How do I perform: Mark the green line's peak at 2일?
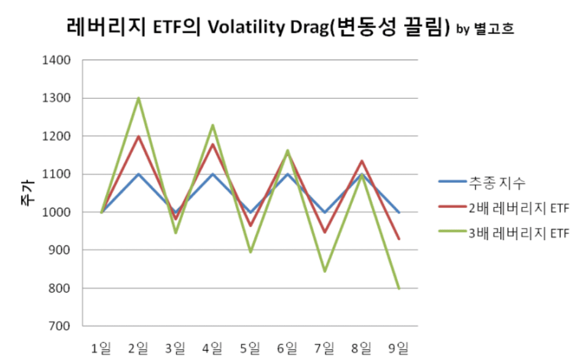(x=138, y=98)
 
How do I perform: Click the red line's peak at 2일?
(x=138, y=137)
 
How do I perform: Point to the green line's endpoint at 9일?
(x=399, y=288)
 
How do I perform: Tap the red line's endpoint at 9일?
(x=399, y=238)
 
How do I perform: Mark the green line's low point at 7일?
(x=325, y=271)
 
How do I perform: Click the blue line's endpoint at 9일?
(x=399, y=212)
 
